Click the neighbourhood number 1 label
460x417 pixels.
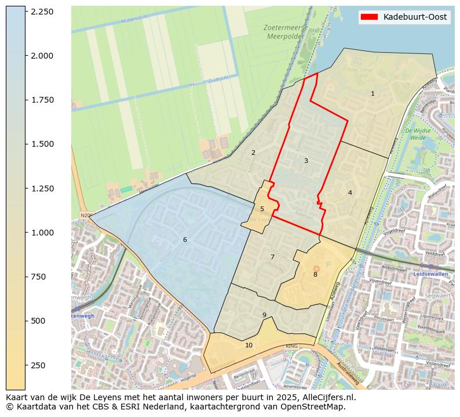(373, 93)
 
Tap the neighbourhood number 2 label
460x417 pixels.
(253, 153)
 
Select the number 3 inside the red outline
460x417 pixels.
(306, 161)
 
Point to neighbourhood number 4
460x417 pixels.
(350, 193)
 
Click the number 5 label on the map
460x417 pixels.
(262, 209)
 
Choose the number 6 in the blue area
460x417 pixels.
(185, 240)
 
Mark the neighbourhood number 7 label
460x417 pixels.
(272, 257)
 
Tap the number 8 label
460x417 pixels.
(315, 274)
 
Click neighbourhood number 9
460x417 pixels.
(264, 316)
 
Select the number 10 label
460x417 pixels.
(249, 345)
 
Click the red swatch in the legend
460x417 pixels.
(369, 17)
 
